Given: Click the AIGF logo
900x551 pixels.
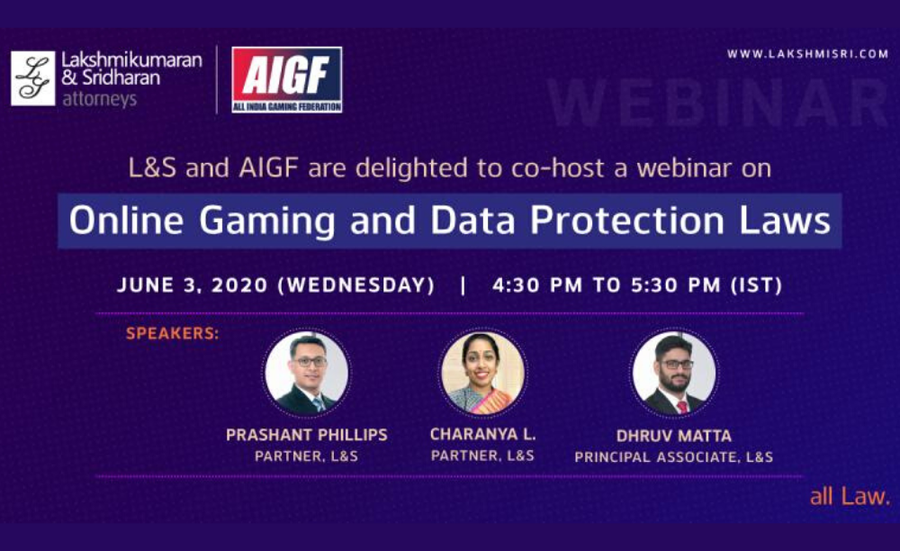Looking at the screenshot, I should (x=286, y=79).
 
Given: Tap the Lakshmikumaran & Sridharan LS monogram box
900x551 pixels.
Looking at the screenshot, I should (x=33, y=78).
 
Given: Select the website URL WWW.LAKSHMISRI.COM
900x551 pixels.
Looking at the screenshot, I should (x=807, y=54).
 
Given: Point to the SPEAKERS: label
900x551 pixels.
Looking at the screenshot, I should (x=172, y=334).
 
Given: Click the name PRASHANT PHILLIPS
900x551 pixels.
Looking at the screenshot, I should (x=306, y=435).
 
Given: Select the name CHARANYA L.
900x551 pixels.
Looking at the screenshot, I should (x=481, y=434).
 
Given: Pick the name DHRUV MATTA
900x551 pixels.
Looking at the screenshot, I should (x=674, y=436).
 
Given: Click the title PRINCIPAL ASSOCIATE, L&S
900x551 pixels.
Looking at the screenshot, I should (x=674, y=457).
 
